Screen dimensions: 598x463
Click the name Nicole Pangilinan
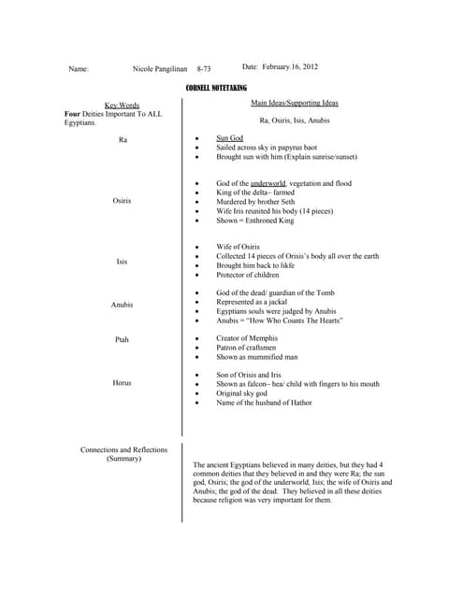[165, 69]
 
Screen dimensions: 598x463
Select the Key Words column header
[122, 106]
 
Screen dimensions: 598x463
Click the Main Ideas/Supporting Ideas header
[295, 102]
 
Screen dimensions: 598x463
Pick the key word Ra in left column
[123, 139]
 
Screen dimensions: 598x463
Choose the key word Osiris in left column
[123, 201]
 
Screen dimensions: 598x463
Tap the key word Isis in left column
[122, 262]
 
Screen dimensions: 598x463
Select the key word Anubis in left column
[122, 305]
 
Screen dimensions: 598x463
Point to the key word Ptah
[122, 340]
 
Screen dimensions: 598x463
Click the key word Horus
[122, 382]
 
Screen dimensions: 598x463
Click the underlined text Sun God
[229, 137]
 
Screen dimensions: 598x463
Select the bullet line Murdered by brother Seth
[260, 202]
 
